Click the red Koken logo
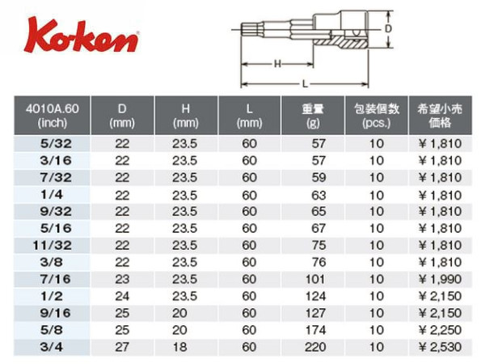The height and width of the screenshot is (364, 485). [81, 36]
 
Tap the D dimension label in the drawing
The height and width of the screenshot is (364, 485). [388, 29]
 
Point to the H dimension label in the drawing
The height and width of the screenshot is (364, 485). [277, 64]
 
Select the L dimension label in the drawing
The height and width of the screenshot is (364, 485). [305, 84]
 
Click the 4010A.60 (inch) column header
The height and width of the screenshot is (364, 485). [53, 116]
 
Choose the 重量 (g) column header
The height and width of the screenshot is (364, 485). [313, 116]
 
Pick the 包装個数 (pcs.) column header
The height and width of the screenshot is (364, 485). [377, 116]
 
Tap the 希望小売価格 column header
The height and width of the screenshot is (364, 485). [440, 116]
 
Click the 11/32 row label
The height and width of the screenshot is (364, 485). [53, 245]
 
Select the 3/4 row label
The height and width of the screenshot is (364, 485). [52, 347]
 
